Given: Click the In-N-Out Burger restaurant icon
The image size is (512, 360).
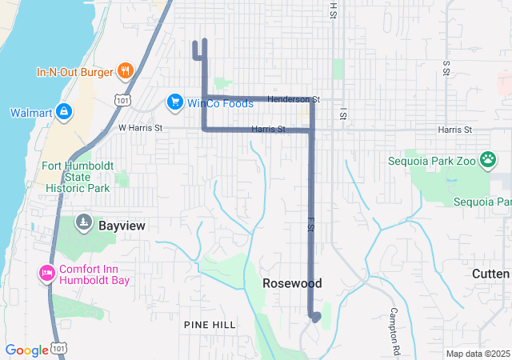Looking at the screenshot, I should point(125,72).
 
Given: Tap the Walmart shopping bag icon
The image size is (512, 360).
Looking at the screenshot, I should point(65,112).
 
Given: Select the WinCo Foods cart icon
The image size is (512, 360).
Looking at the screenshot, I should point(174,102).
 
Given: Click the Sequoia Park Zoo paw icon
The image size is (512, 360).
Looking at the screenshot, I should point(487,160).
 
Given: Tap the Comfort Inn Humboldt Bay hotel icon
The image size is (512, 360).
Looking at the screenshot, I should point(46,274).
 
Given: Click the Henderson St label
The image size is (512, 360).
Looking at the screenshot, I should point(294,99).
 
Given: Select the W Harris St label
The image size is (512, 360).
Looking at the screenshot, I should point(140,127).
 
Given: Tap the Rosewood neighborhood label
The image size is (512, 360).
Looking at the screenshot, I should point(292,284).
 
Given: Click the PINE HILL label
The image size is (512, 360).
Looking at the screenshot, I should point(210,324).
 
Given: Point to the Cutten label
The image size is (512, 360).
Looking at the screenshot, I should point(490,274).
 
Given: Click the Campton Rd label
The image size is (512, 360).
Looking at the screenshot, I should point(394,330).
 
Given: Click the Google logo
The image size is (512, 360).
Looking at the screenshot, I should point(26,350).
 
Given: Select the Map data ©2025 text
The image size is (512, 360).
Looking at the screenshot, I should point(478,354).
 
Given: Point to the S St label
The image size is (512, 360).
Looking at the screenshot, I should point(446,68).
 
